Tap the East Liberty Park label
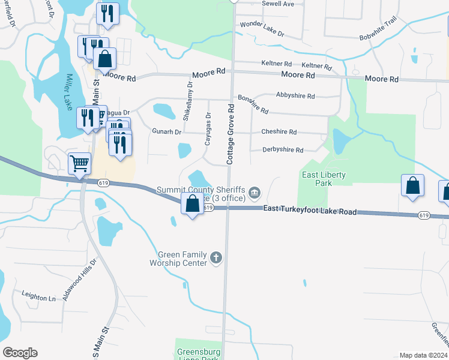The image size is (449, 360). point(324,179)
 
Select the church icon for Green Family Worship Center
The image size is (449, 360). point(216,259)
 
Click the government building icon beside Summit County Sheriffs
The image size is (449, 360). point(255,192)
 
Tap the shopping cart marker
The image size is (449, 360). point(79,163)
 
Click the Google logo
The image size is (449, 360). point(20,353)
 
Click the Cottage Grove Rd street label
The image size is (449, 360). point(230,134)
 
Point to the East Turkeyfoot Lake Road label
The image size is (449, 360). point(310,211)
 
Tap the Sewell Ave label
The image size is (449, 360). point(278,4)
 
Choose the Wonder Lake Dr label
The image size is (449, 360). point(262,28)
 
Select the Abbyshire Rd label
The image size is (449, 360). point(295,95)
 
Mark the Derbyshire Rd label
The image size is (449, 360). point(283,150)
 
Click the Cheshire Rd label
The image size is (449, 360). point(279,132)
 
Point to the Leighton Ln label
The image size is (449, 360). point(38,297)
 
